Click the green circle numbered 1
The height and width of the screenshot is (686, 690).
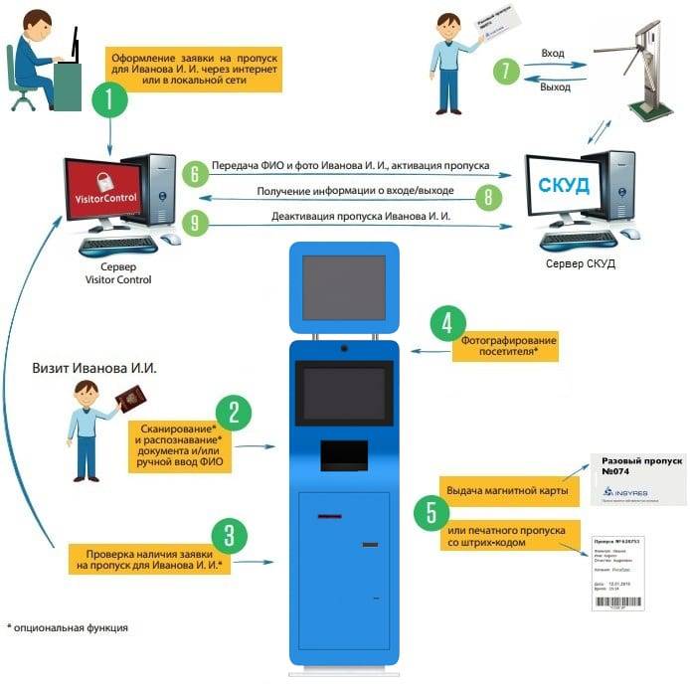[108, 100]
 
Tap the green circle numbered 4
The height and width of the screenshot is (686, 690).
[447, 323]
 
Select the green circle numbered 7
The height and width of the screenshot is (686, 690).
[506, 71]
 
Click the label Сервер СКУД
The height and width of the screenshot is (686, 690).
[581, 264]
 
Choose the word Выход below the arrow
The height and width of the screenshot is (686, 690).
[554, 87]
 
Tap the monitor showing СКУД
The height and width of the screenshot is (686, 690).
[563, 186]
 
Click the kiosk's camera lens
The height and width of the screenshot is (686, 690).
[343, 348]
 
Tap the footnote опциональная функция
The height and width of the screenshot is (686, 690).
[70, 628]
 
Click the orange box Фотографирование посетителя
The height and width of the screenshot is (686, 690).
[508, 347]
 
